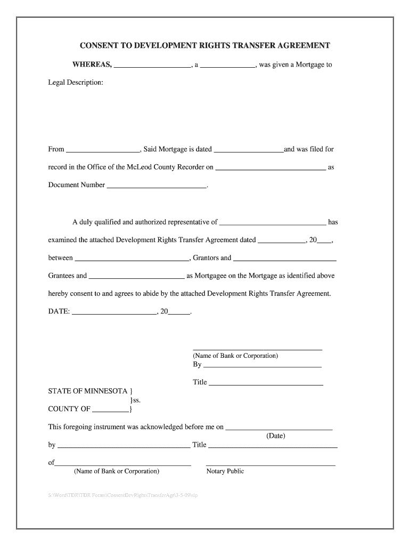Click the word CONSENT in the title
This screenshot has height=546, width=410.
click(98, 45)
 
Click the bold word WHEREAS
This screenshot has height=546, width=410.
click(92, 65)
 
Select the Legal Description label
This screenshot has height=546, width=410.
click(76, 83)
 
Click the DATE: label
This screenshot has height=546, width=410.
click(59, 311)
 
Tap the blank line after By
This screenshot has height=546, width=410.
click(263, 366)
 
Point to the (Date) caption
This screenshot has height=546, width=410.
click(276, 436)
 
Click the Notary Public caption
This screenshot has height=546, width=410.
click(225, 471)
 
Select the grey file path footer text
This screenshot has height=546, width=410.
click(123, 495)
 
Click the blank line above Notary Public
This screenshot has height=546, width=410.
click(270, 464)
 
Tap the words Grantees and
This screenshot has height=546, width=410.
click(67, 276)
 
